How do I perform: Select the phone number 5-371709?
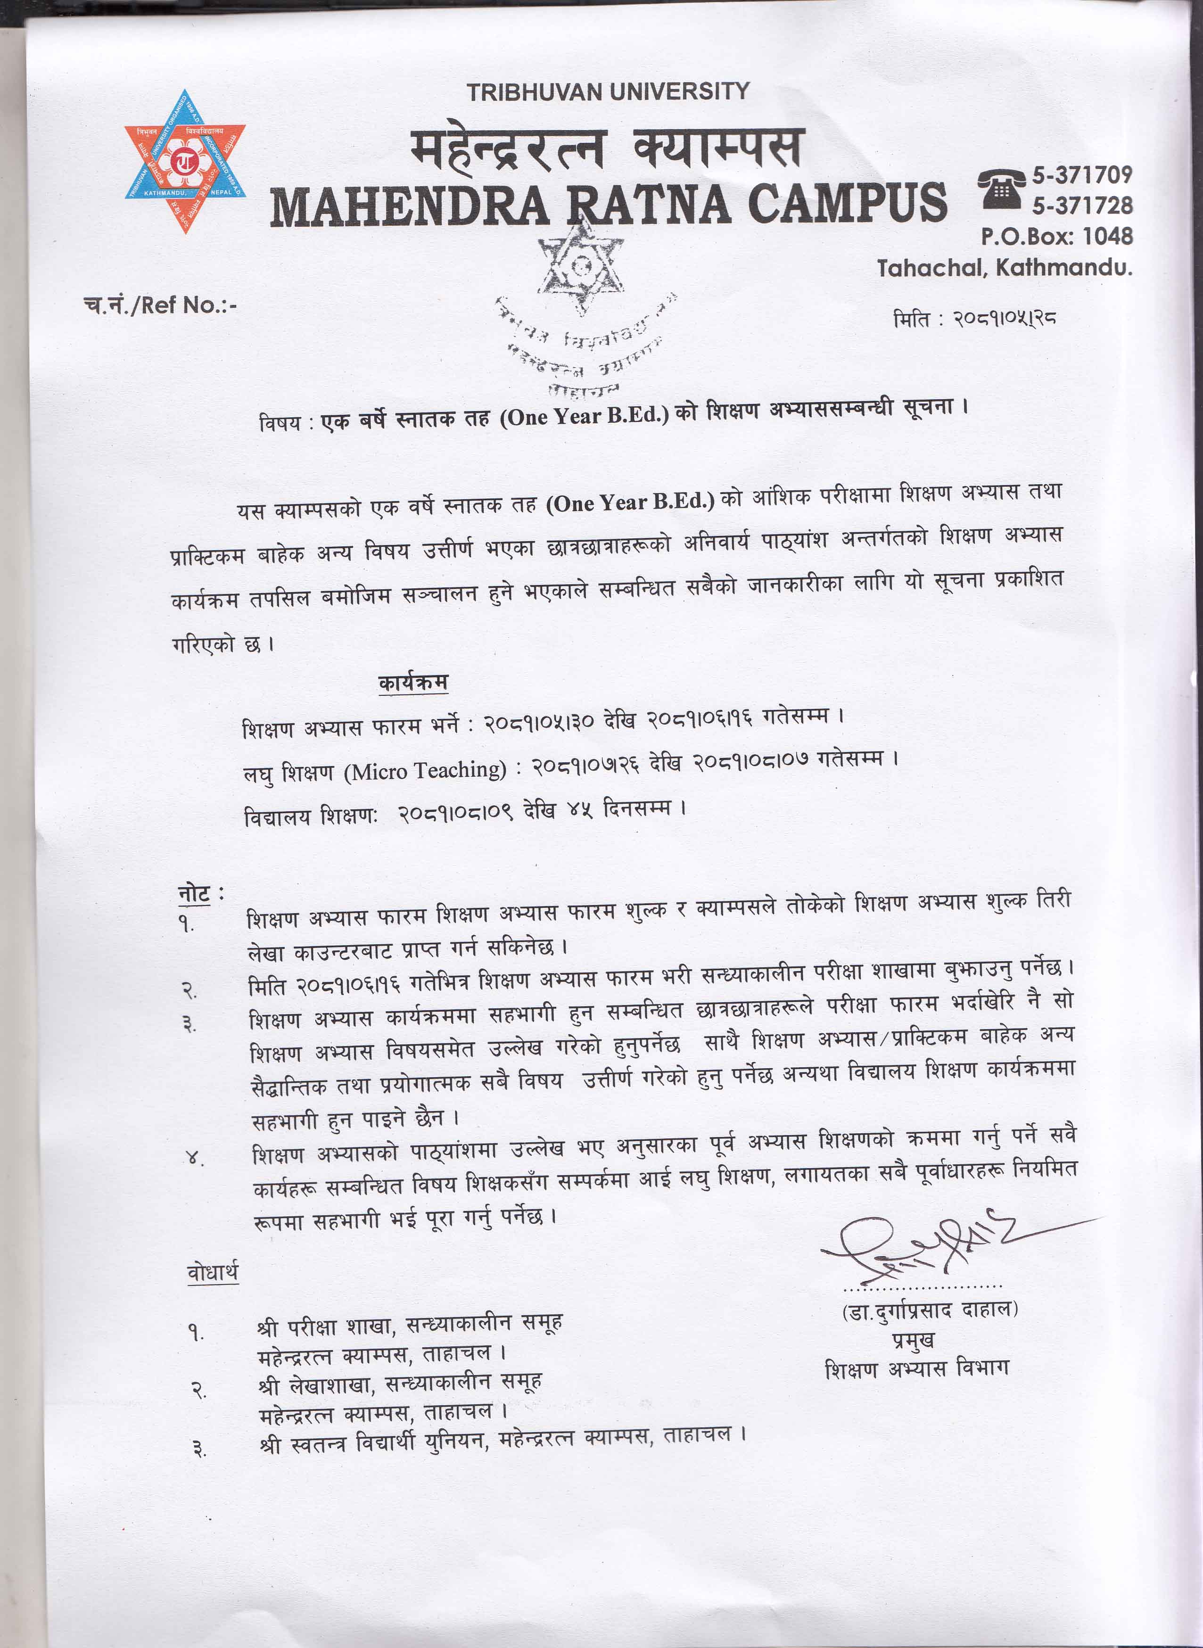1082,175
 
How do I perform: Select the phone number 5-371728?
1082,206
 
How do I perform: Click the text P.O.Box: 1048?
1056,236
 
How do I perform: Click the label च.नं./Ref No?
160,305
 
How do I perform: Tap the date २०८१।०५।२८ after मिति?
1005,318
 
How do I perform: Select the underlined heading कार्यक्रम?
413,683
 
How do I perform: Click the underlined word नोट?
194,894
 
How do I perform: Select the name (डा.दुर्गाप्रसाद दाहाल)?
929,1310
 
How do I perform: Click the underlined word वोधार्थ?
212,1272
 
